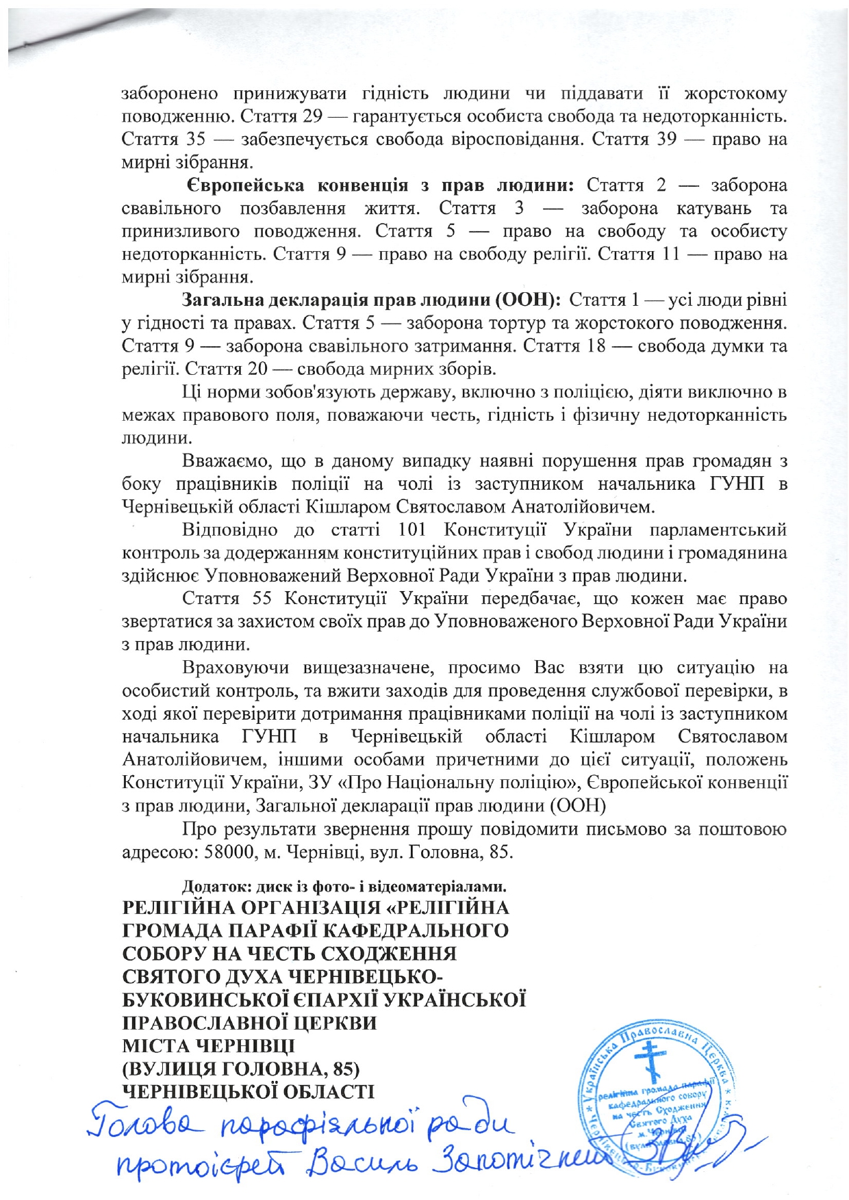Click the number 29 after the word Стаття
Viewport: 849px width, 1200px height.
click(312, 116)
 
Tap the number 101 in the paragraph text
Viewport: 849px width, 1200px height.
click(412, 530)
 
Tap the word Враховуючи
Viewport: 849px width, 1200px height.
click(235, 668)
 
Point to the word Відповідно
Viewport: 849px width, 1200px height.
click(229, 530)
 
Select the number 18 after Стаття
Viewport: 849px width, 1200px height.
click(596, 345)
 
